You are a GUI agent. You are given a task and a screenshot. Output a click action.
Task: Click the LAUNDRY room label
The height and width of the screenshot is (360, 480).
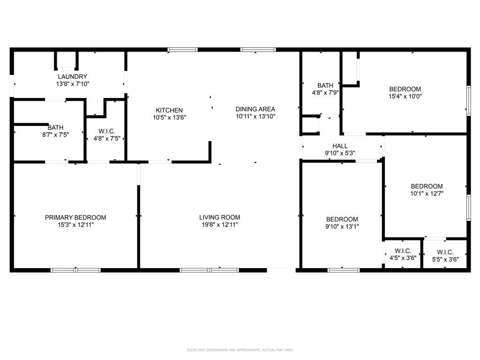pos(72,76)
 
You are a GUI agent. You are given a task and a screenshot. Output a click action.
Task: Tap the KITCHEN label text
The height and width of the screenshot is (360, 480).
pos(169,110)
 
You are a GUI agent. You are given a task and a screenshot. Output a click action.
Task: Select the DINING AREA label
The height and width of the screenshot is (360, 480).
pos(255,109)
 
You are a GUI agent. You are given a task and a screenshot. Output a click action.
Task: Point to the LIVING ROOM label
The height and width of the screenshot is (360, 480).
pos(219,217)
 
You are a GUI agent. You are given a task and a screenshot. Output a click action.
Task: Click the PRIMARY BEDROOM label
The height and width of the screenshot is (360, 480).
pos(75,217)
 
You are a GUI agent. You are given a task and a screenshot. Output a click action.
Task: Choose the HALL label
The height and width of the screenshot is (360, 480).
pos(340,146)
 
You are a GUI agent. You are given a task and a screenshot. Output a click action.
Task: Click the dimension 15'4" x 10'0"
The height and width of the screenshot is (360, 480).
pos(405,97)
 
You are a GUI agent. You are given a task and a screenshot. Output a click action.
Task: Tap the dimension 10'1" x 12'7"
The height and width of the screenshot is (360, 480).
pos(427,193)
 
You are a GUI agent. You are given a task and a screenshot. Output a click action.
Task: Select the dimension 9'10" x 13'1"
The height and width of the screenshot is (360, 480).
pos(342,226)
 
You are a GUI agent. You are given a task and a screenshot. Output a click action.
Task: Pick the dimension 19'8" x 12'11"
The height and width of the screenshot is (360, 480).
pos(219,225)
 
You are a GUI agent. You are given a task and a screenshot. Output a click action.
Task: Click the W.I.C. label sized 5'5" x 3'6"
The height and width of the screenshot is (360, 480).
pos(445,252)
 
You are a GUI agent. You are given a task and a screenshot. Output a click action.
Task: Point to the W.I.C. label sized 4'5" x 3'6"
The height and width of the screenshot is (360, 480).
pos(403,252)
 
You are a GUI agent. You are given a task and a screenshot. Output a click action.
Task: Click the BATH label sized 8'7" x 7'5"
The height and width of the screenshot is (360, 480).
pos(55,127)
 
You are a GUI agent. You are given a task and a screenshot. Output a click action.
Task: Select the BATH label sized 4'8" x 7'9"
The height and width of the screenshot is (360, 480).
pos(325,85)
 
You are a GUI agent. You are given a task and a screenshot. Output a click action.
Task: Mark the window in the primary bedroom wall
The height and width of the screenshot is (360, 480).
pos(75,270)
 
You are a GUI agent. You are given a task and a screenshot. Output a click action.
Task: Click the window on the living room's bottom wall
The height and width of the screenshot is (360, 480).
pos(210,270)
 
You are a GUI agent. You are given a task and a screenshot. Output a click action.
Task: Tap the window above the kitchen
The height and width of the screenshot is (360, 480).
pos(183,49)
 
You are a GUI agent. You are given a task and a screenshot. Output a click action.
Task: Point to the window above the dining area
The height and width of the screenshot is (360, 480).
pos(258,49)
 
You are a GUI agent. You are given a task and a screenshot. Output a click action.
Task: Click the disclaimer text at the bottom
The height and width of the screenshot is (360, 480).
pos(240,350)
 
